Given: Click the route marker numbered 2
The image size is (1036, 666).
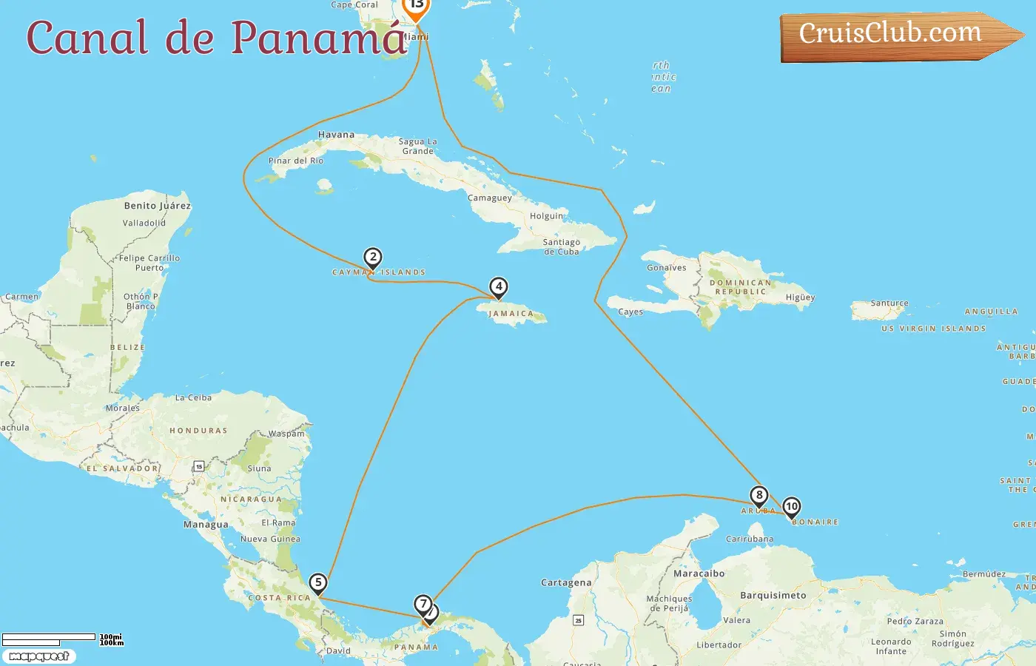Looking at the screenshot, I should pyautogui.click(x=373, y=258).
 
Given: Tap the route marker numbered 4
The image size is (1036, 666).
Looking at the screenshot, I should pyautogui.click(x=499, y=286).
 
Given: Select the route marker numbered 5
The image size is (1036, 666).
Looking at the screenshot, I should pyautogui.click(x=318, y=582).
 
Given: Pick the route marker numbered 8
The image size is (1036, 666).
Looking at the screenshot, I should pyautogui.click(x=758, y=495).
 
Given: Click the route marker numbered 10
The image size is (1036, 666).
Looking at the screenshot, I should pyautogui.click(x=792, y=507).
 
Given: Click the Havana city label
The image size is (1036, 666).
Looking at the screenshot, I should pyautogui.click(x=336, y=135).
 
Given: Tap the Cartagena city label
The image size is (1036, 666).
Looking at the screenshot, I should pyautogui.click(x=566, y=582).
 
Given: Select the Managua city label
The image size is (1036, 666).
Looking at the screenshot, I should pyautogui.click(x=206, y=525).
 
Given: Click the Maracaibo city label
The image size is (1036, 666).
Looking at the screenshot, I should pyautogui.click(x=699, y=573).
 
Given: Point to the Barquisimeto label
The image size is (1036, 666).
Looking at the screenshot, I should pyautogui.click(x=773, y=595).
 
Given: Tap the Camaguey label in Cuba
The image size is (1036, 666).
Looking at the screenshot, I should pyautogui.click(x=490, y=198).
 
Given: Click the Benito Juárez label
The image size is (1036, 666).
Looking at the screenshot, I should pyautogui.click(x=158, y=206).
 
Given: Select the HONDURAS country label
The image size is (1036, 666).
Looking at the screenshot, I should pyautogui.click(x=198, y=430).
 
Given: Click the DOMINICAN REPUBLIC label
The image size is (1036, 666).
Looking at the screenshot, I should pyautogui.click(x=740, y=287).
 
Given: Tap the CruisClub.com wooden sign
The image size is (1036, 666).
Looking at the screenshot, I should pyautogui.click(x=892, y=35).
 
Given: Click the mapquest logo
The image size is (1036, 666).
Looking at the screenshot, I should pyautogui.click(x=38, y=656).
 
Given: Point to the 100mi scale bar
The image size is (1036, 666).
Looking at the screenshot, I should pyautogui.click(x=49, y=637).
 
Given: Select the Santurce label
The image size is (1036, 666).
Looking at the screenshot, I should pyautogui.click(x=889, y=303).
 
